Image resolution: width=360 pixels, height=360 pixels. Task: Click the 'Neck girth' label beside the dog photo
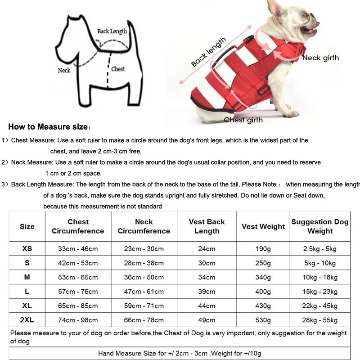tap(320, 58)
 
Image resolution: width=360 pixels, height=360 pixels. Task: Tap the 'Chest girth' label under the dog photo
tap(243, 120)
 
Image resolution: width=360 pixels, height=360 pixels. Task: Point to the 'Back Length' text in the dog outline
tap(112, 31)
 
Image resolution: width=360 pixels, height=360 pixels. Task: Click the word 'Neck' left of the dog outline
tap(64, 70)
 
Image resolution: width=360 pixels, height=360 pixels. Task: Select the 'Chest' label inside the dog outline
tap(118, 69)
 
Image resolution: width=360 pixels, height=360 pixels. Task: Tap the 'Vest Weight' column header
tap(263, 226)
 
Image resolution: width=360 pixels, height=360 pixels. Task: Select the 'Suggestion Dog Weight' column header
tap(320, 226)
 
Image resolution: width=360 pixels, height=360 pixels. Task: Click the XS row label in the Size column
tap(27, 248)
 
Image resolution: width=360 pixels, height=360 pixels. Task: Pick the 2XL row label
tap(27, 320)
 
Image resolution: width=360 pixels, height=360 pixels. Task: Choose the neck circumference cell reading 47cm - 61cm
tap(144, 292)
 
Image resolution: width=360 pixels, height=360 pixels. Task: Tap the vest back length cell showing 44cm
tap(207, 306)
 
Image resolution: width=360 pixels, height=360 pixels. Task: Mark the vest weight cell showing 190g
tap(263, 248)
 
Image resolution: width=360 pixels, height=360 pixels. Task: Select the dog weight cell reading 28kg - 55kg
tap(320, 320)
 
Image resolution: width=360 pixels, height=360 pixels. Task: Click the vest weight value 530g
tap(263, 320)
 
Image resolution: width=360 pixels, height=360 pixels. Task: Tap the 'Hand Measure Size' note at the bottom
tap(180, 353)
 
